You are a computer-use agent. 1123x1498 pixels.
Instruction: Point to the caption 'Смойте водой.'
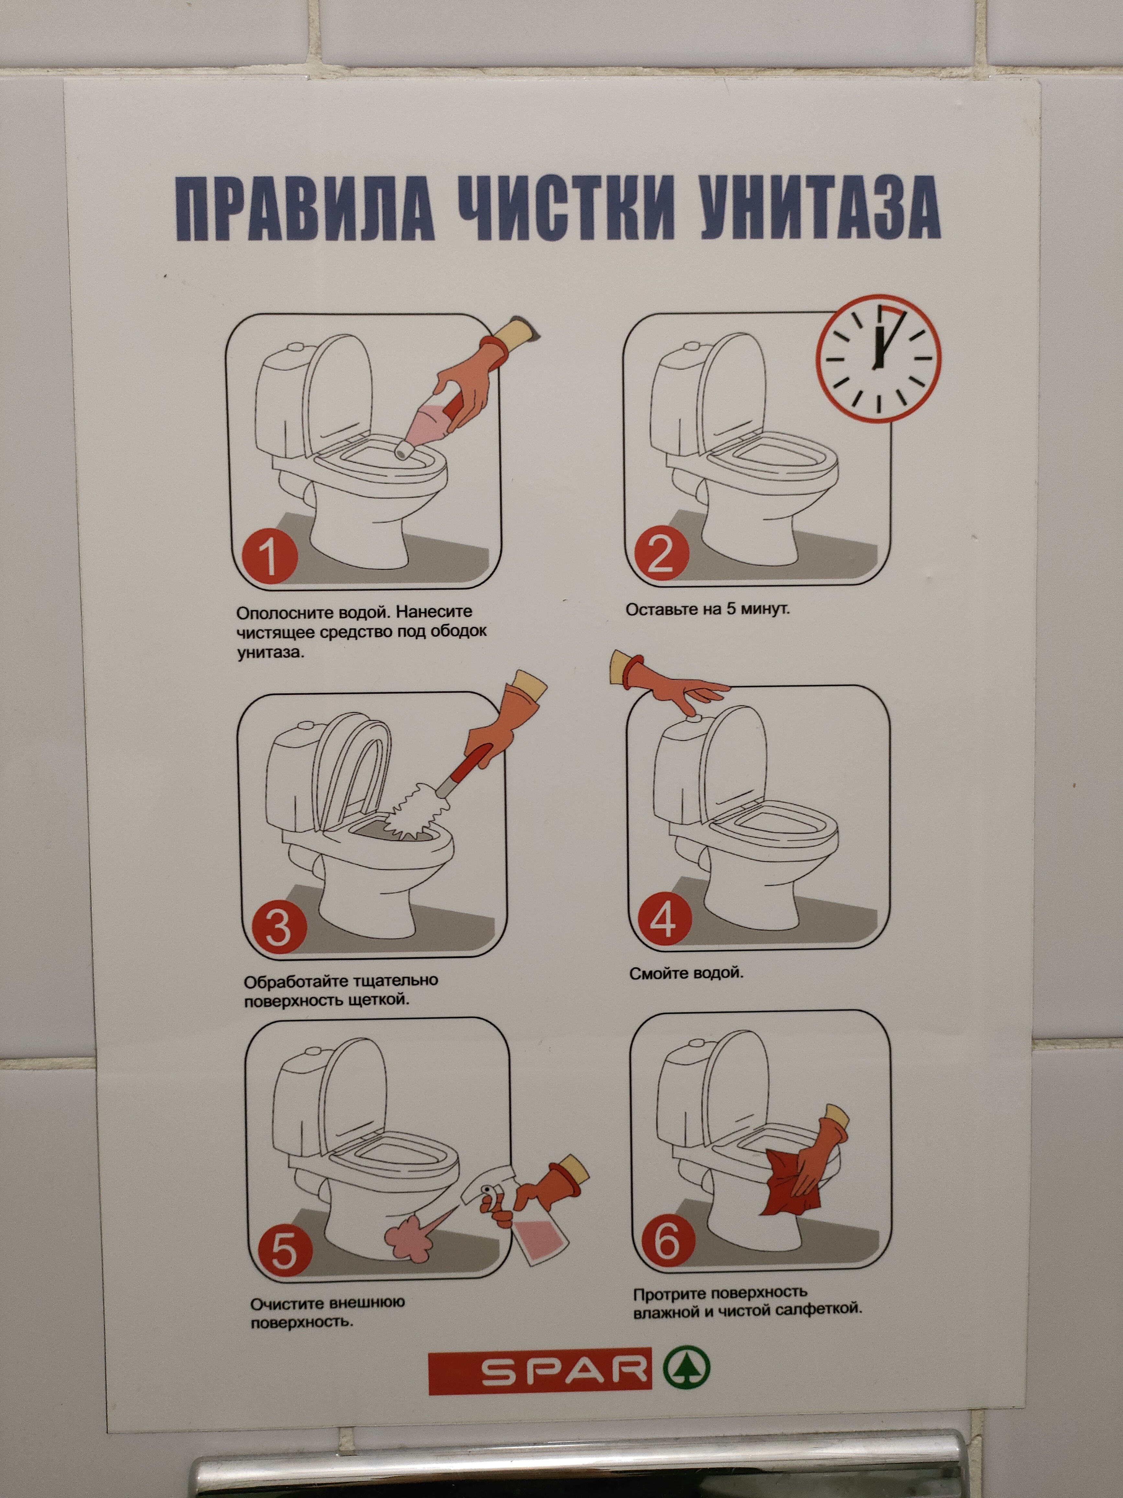click(x=686, y=973)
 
